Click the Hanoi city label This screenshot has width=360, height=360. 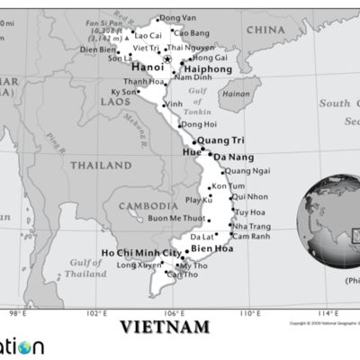(x=148, y=67)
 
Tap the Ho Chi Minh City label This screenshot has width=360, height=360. (x=140, y=253)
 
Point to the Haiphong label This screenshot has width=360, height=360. (x=208, y=67)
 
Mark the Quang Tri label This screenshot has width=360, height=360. (x=220, y=140)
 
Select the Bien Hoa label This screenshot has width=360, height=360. (x=213, y=248)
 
